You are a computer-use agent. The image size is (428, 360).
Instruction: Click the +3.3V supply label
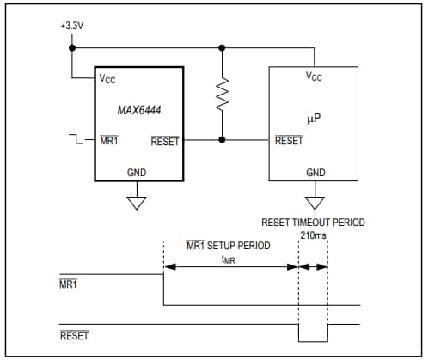[x=72, y=26]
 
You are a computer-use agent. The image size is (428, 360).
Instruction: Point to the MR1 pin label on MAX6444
[x=109, y=141]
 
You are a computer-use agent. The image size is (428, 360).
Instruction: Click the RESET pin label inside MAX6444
[x=164, y=141]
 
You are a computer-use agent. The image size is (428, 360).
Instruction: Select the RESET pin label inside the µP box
[x=289, y=141]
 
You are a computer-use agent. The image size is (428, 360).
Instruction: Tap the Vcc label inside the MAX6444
[x=107, y=79]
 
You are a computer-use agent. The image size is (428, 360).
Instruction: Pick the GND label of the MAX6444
[x=137, y=173]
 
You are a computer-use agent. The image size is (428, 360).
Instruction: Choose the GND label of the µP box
[x=315, y=173]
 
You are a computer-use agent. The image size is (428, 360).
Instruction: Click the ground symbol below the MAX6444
[x=137, y=203]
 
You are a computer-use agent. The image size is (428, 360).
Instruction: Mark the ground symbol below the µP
[x=315, y=203]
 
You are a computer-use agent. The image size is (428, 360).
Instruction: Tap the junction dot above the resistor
[x=223, y=47]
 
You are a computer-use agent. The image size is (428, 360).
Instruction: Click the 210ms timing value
[x=313, y=235]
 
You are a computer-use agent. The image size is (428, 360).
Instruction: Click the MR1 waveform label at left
[x=70, y=284]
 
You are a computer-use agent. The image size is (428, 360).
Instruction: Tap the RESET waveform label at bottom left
[x=74, y=336]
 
